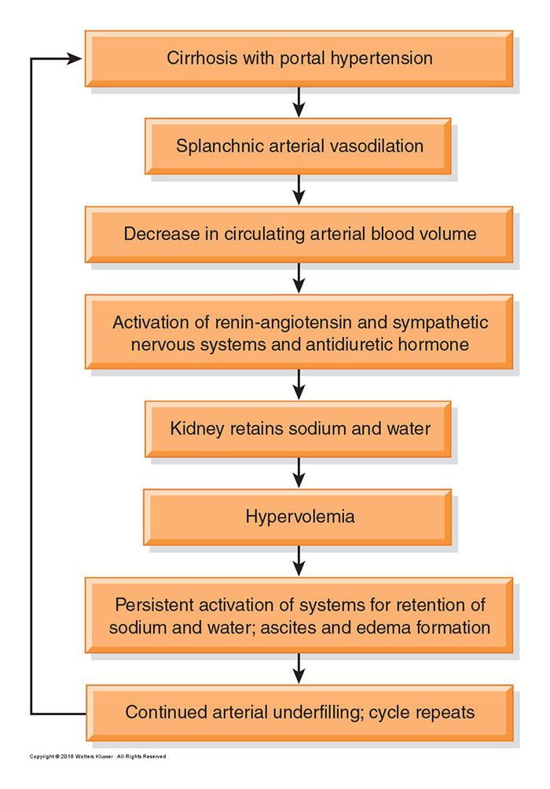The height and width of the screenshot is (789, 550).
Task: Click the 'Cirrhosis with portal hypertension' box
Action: point(299,58)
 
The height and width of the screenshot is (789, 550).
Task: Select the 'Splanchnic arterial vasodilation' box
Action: point(298,146)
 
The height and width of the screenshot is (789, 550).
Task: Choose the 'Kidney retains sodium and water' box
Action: point(298,429)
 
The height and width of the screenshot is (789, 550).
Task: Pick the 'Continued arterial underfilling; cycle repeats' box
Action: point(299,713)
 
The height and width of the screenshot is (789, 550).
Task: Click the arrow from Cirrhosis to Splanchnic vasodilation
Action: point(299,102)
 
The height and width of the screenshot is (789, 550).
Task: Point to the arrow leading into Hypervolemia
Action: point(299,473)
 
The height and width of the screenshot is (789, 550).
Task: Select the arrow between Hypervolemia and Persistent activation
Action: point(299,561)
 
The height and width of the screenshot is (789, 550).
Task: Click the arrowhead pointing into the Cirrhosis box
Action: point(75,59)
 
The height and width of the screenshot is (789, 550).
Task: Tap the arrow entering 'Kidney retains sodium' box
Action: point(299,385)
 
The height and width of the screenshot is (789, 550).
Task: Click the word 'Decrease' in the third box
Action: point(162,234)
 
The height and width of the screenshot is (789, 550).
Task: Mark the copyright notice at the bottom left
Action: point(97,756)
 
